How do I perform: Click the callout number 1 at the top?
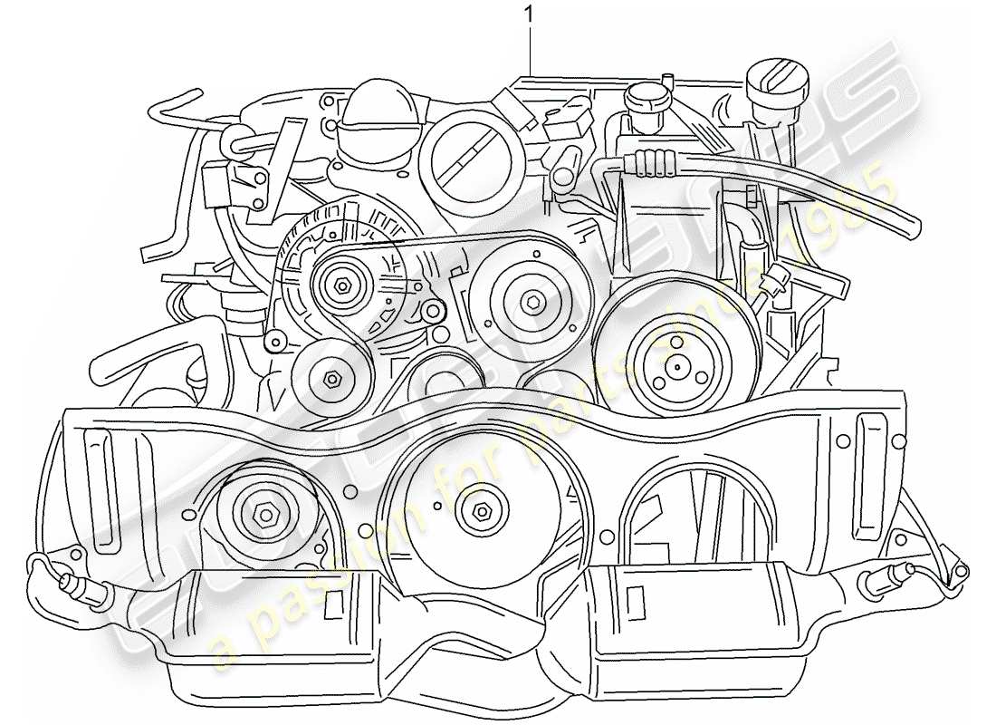point(529,14)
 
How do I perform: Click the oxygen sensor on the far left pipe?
point(75,588)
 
